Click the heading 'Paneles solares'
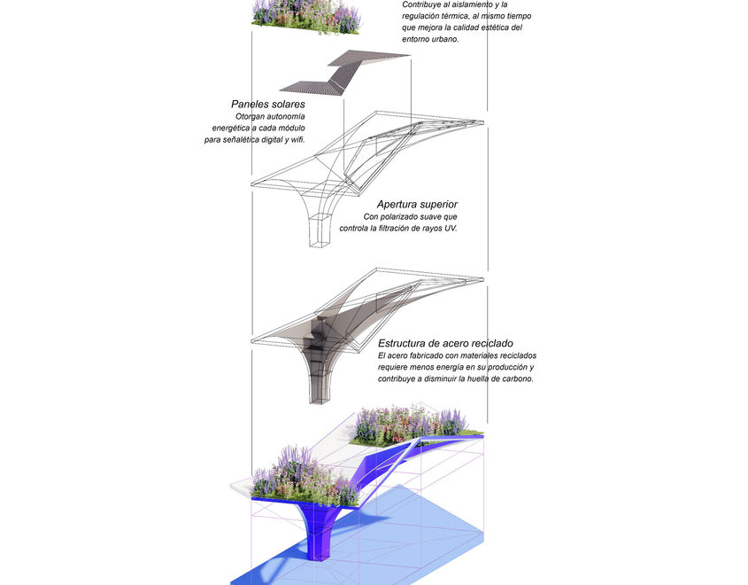[x=268, y=105]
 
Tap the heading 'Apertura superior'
[x=416, y=205]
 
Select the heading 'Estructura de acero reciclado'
[x=445, y=343]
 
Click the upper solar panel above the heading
[x=370, y=63]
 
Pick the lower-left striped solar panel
[x=312, y=87]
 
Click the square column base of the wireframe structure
[x=320, y=231]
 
